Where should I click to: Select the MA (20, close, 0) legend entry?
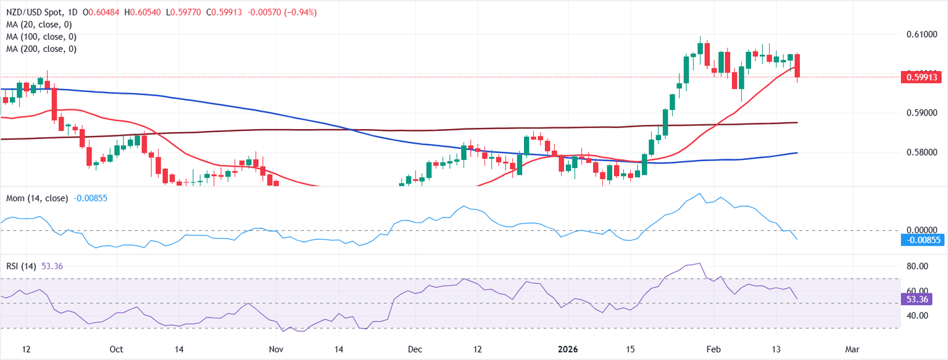pos(38,25)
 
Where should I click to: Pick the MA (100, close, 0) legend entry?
pos(41,36)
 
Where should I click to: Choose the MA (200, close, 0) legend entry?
pos(41,48)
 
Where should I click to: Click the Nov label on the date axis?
pos(276,349)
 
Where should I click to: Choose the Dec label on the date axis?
pos(415,349)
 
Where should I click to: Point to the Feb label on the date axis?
pos(713,349)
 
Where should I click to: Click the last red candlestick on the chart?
pos(797,66)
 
